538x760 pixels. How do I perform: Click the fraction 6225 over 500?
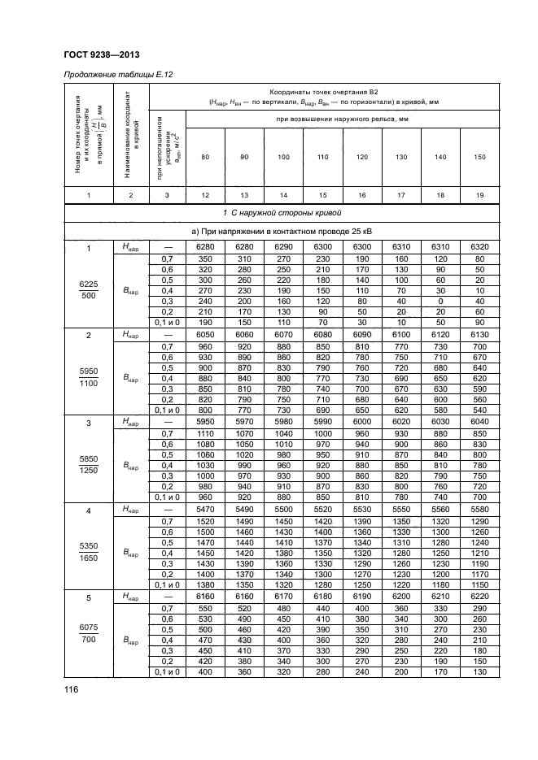[x=88, y=290]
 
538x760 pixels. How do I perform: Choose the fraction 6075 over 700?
[x=88, y=639]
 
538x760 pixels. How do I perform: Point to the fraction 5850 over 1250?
[x=88, y=466]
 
